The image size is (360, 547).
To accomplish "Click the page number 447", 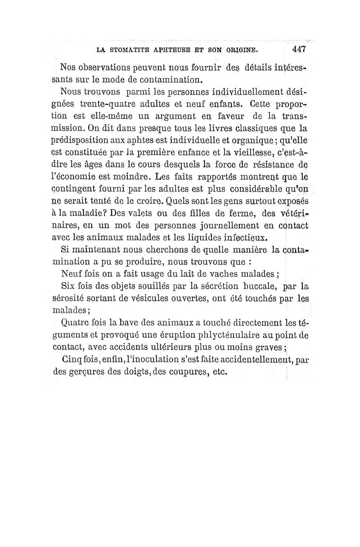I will click(298, 49).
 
